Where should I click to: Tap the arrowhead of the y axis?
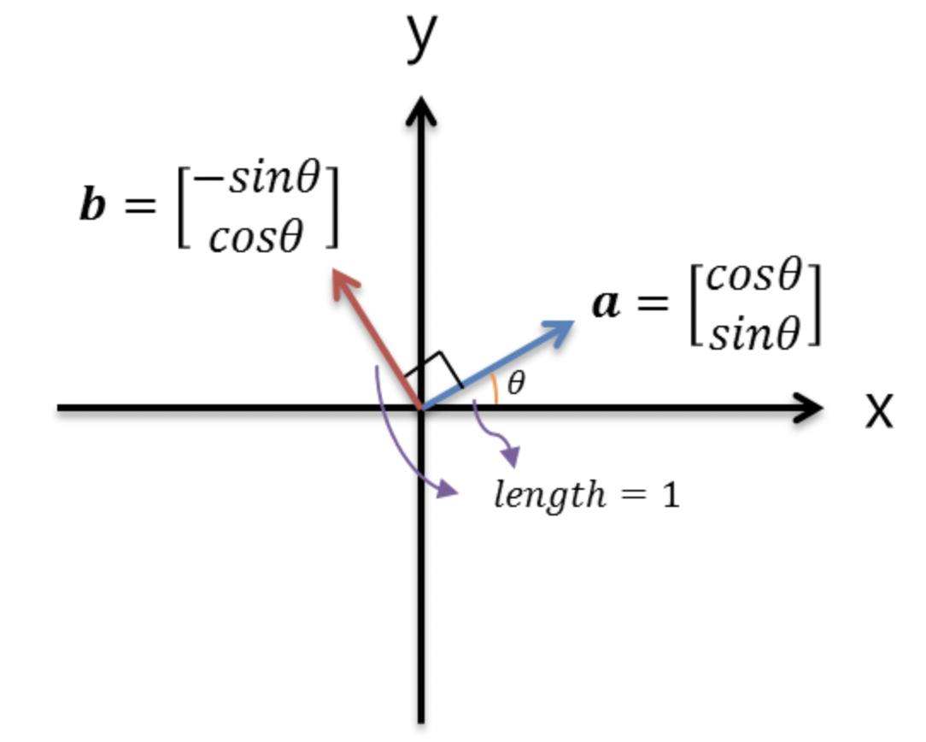point(420,111)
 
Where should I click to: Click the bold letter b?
point(93,205)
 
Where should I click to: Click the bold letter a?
point(607,303)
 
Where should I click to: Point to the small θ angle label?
point(516,384)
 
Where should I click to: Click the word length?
point(547,495)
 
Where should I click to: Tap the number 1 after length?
point(671,495)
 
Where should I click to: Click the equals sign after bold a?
point(653,303)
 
